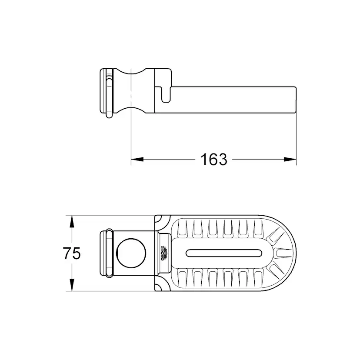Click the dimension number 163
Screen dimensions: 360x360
[x=214, y=160]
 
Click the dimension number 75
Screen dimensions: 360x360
[x=72, y=253]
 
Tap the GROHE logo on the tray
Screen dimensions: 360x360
[x=165, y=253]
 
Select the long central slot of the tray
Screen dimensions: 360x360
[x=223, y=253]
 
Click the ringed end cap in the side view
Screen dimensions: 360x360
[x=107, y=92]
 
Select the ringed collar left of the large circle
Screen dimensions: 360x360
[x=106, y=253]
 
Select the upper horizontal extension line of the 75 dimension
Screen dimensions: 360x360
[x=113, y=215]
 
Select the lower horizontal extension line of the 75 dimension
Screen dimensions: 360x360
[x=113, y=291]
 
